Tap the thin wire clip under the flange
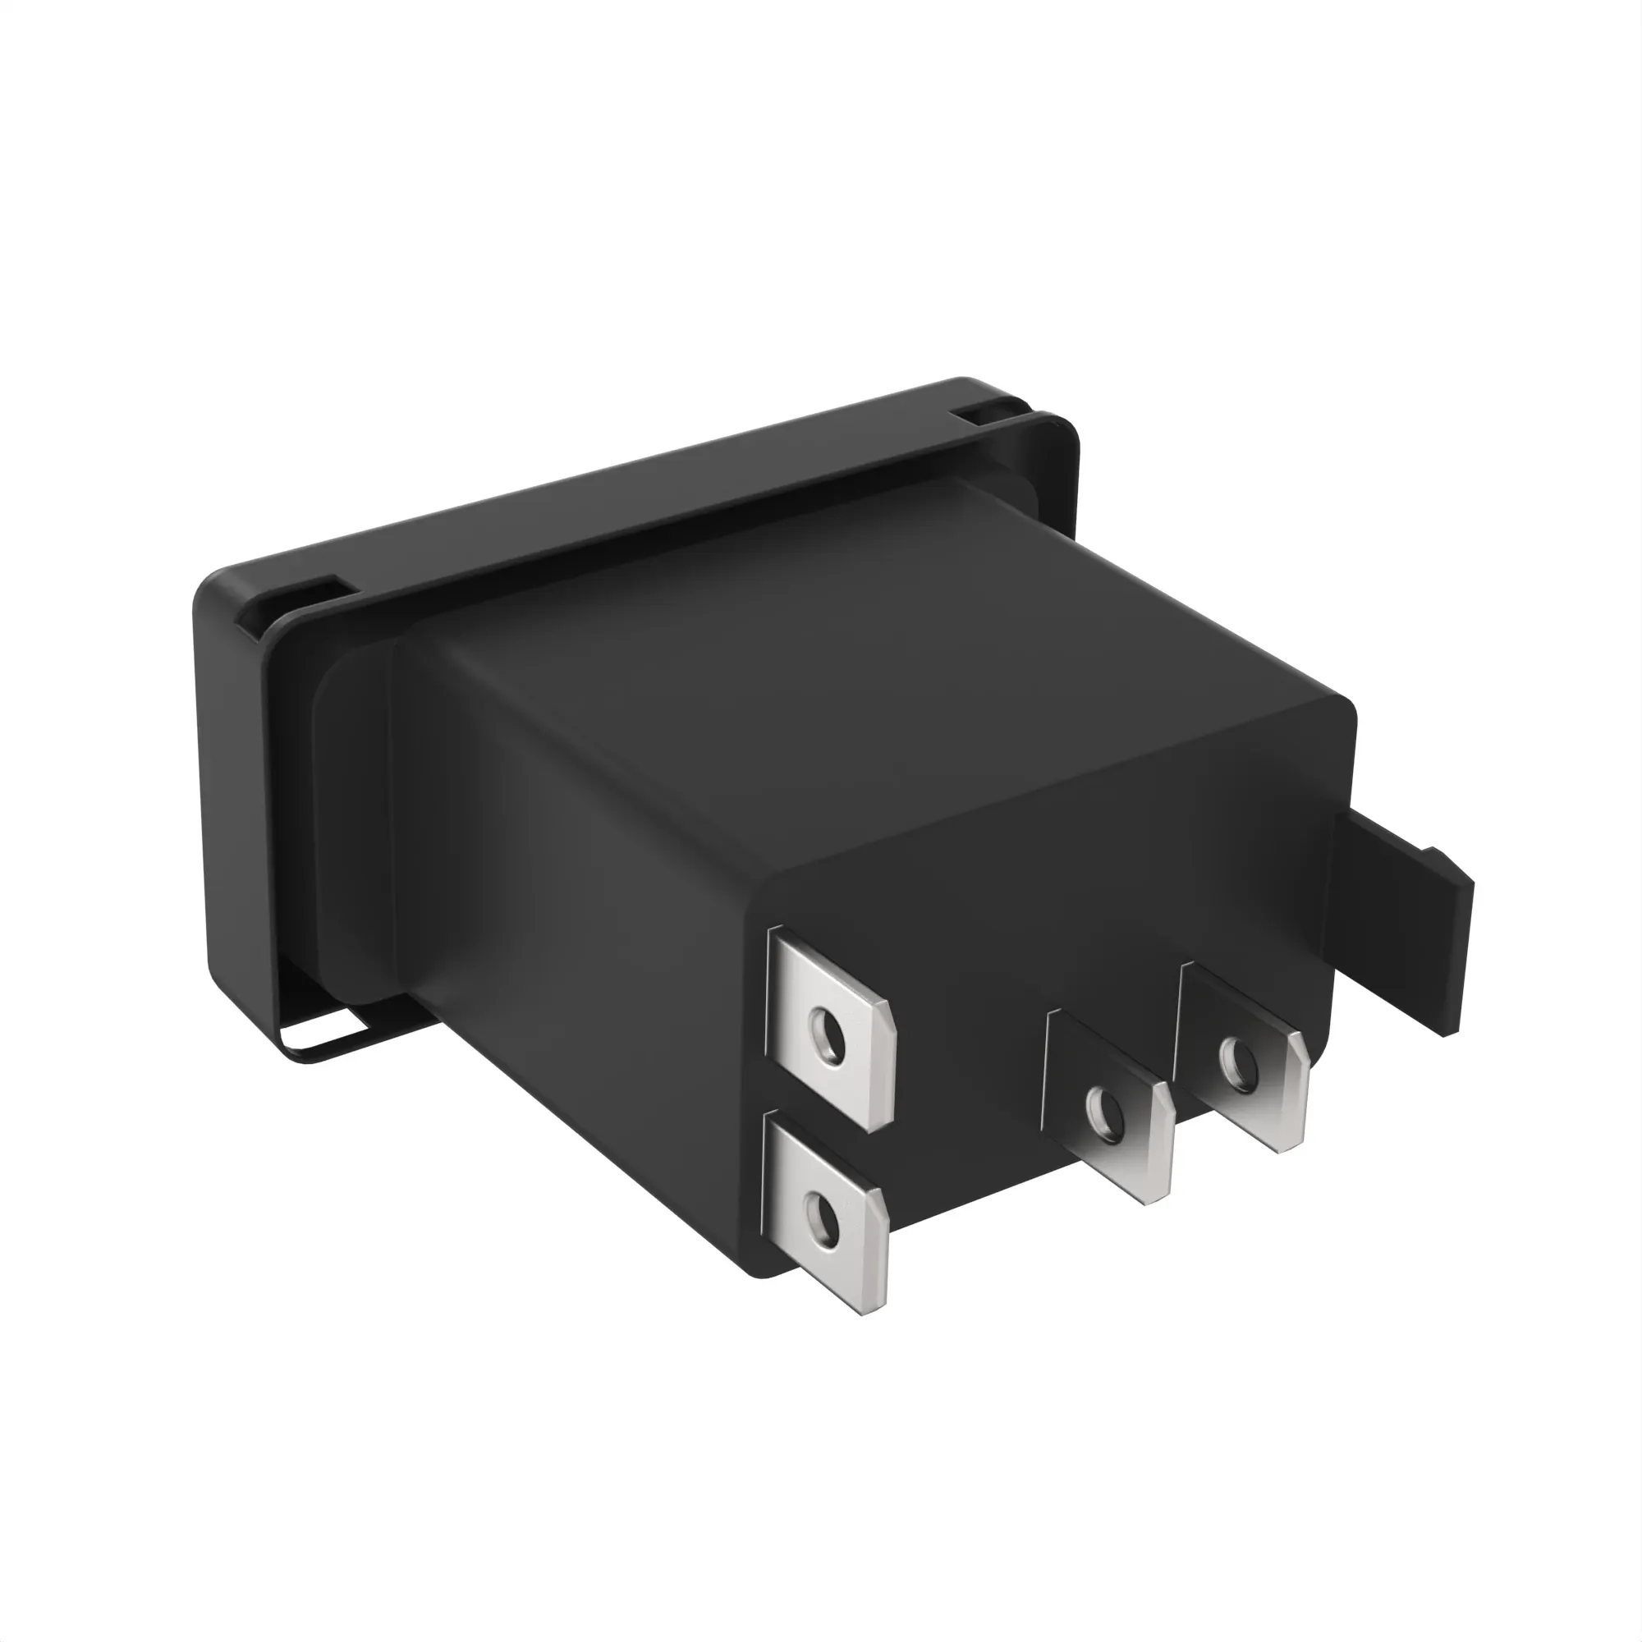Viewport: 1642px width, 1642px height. coord(332,1045)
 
